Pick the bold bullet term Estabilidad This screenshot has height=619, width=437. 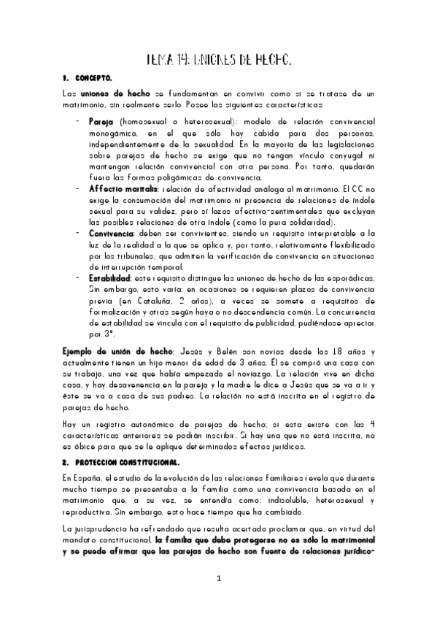point(110,278)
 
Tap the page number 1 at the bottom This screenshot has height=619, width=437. point(217,578)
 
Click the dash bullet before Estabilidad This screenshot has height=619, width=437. point(78,278)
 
